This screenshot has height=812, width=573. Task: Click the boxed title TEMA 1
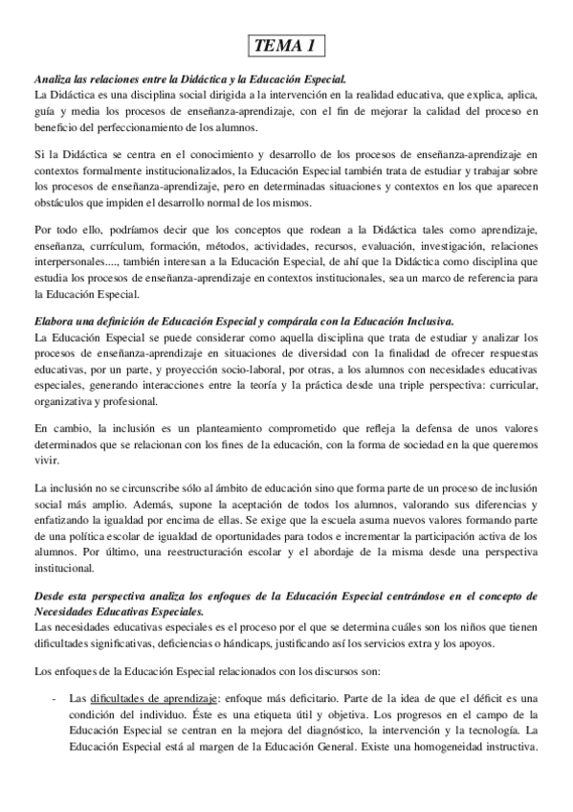pyautogui.click(x=286, y=46)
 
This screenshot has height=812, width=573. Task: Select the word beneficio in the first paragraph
pyautogui.click(x=58, y=128)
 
